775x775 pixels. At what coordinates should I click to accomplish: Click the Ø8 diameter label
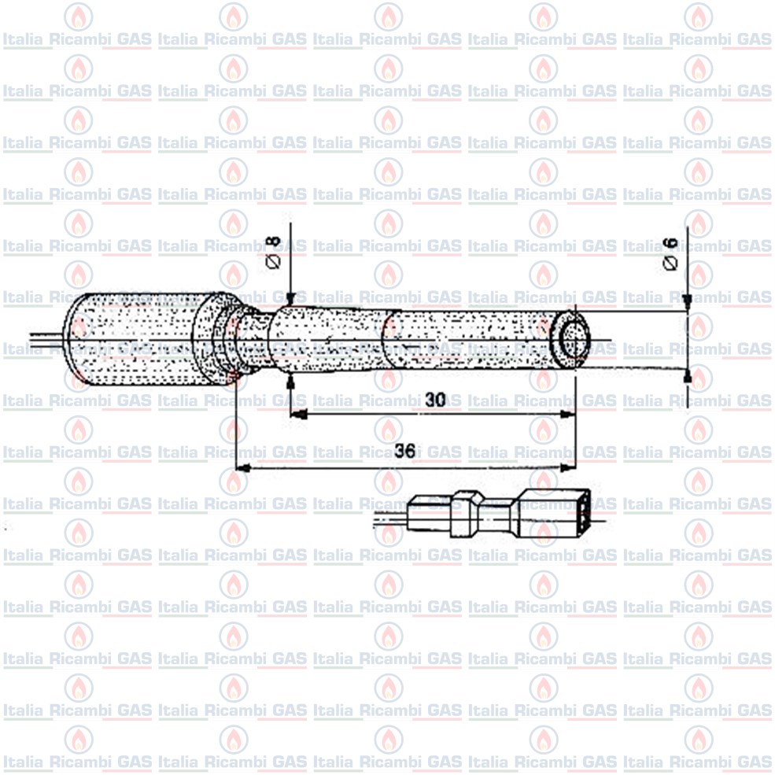273,252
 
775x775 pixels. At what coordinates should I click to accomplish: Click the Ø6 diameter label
670,253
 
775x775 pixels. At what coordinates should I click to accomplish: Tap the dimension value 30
435,400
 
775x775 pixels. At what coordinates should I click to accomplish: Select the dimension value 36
404,451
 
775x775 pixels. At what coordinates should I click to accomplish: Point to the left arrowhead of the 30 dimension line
298,415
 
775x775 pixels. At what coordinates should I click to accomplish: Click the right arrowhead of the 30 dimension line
567,415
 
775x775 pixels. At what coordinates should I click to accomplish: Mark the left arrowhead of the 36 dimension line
242,467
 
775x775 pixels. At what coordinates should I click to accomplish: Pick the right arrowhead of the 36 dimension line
567,467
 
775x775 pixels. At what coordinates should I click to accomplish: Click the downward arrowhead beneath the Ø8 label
290,298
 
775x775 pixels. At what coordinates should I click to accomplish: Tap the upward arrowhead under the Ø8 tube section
290,382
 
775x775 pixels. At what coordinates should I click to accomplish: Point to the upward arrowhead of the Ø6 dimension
687,375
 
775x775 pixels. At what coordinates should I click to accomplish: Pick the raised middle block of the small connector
466,514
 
